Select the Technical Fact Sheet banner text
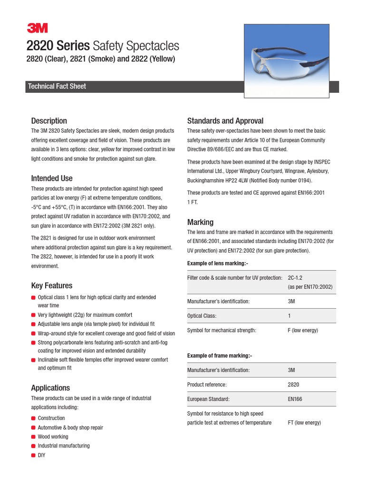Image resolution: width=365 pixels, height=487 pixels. pos(57,87)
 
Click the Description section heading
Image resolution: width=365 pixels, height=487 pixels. pos(49,121)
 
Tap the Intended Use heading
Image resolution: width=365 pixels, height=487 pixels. pos(52,178)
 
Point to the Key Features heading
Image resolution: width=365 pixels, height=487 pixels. pos(52,285)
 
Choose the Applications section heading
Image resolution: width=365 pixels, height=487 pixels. pos(50,388)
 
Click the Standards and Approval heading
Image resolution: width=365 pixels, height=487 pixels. pos(225,121)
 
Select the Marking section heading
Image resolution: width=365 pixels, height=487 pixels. pos(200,222)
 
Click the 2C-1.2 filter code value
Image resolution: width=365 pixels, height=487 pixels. pos(298,277)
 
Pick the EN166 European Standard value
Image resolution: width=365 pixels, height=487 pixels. pos(295,399)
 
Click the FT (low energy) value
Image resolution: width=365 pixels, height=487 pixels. pos(304,422)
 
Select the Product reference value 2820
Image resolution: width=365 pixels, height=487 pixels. pos(293,384)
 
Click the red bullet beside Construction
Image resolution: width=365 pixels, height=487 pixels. pos(33,418)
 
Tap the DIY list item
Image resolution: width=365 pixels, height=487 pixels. pos(42,455)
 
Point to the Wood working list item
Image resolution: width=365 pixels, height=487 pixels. pos(53,437)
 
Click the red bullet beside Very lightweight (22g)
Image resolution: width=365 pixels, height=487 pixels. pos(33,315)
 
